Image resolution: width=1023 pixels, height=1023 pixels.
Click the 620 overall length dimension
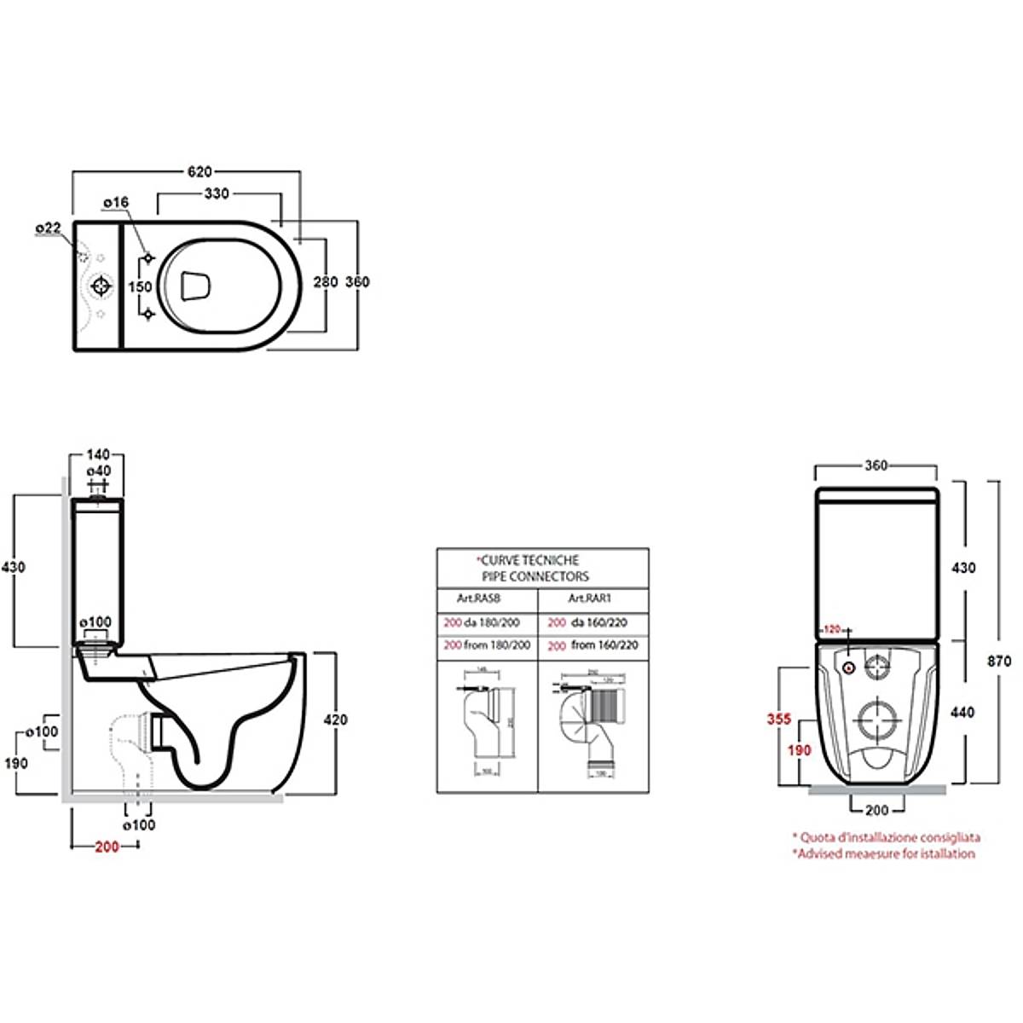[x=199, y=171]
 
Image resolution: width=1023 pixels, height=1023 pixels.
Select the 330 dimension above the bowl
[x=217, y=194]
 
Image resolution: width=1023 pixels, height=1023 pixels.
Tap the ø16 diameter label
[x=115, y=202]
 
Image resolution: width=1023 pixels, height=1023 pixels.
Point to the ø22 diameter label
[x=48, y=228]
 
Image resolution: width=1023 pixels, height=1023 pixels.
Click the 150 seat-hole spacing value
[x=139, y=287]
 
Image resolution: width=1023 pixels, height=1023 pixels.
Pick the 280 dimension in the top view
[x=326, y=282]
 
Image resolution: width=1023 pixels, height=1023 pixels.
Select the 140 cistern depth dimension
[x=100, y=455]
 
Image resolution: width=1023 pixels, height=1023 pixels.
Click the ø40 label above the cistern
[x=100, y=471]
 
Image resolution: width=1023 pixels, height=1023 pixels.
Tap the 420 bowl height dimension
[x=336, y=720]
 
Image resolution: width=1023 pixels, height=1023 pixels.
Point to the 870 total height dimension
[x=998, y=661]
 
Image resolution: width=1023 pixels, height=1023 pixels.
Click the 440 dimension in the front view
[x=962, y=712]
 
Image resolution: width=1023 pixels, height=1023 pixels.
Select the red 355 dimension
[x=777, y=720]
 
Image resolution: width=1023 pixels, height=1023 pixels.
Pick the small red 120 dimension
[x=832, y=629]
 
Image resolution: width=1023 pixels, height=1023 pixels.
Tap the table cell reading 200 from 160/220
[x=592, y=646]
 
